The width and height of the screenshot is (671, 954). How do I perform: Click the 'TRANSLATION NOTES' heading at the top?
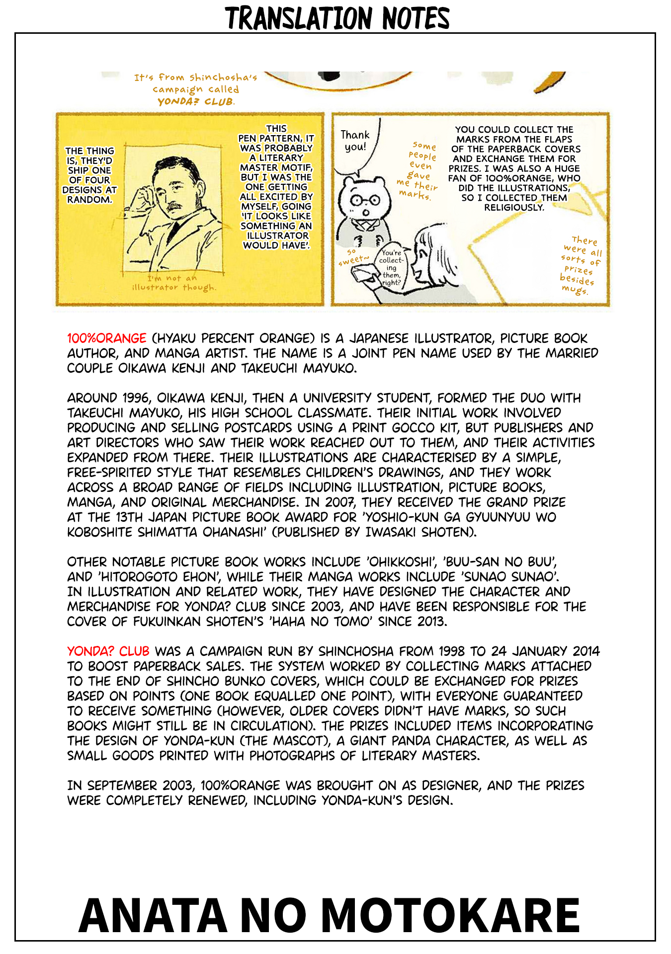click(337, 18)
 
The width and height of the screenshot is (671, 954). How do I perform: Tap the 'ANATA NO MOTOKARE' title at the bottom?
click(329, 916)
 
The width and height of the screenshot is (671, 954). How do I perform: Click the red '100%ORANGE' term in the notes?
click(107, 338)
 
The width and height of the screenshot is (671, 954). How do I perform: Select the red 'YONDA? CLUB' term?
click(108, 651)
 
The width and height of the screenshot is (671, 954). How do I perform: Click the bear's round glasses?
click(365, 200)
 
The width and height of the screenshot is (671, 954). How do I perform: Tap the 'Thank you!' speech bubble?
click(355, 141)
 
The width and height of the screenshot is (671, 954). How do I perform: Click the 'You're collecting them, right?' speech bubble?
click(392, 267)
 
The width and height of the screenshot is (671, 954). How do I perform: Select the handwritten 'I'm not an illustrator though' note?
click(174, 283)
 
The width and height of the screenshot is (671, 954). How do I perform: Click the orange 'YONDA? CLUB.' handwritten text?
click(196, 102)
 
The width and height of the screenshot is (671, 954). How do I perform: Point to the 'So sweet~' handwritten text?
click(353, 257)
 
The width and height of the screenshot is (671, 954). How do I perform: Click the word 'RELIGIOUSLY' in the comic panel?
click(514, 207)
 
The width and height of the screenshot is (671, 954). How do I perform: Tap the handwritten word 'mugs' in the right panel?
click(575, 290)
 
